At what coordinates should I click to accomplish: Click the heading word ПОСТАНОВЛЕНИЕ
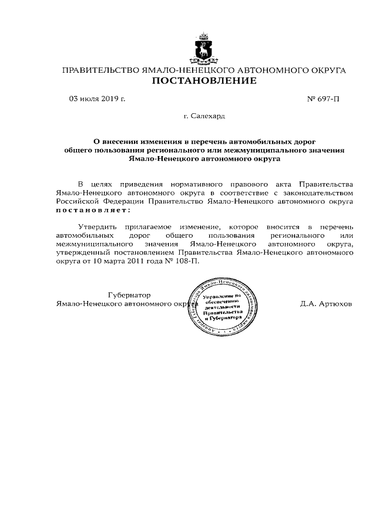[x=204, y=81]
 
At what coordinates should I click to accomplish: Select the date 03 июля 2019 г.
[x=97, y=99]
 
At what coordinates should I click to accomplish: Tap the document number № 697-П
[x=323, y=99]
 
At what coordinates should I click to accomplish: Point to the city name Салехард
[x=208, y=117]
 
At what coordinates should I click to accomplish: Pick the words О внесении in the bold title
[x=116, y=142]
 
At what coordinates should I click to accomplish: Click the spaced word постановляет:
[x=93, y=209]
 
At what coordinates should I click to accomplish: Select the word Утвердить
[x=97, y=226]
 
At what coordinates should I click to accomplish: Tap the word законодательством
[x=319, y=192]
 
